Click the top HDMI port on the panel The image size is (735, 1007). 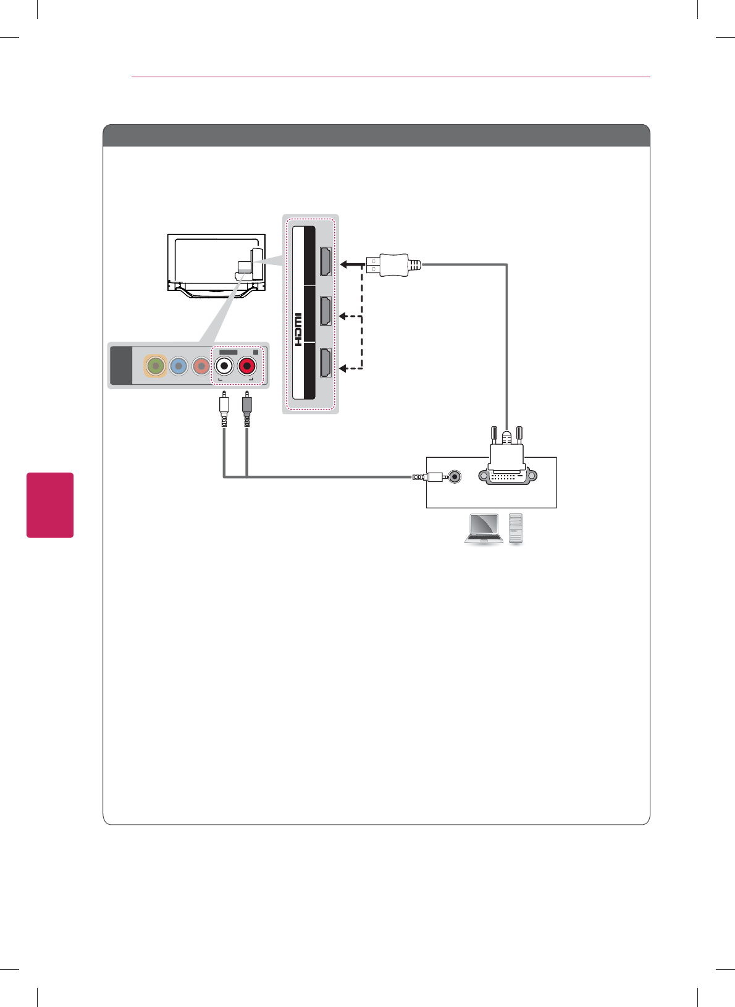325,261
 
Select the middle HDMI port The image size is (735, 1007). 325,311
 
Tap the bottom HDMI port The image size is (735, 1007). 325,363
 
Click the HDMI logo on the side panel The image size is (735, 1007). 298,329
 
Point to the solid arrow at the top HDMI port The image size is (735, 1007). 351,265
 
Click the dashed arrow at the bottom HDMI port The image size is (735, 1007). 350,369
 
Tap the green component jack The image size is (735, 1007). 156,366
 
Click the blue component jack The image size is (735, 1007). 178,366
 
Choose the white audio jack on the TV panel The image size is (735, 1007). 224,366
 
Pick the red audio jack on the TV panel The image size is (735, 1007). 247,366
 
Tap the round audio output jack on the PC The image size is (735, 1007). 455,477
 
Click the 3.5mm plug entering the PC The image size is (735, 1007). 430,477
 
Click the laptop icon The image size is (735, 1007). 484,529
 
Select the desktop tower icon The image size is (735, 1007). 516,529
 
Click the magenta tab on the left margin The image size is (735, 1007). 50,505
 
